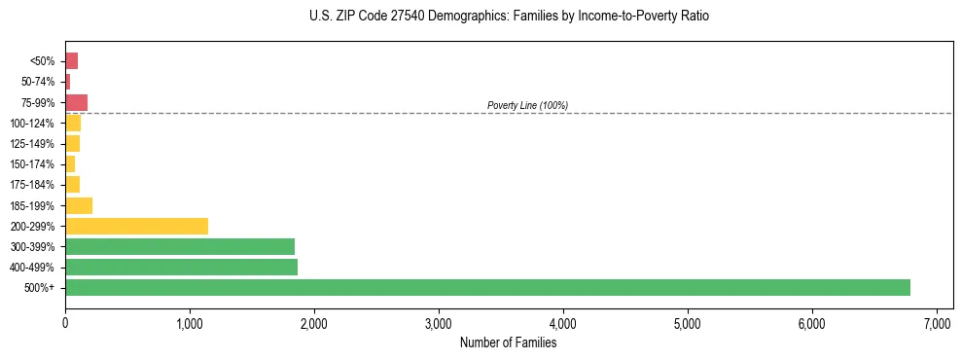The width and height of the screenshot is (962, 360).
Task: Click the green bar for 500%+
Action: pos(486,287)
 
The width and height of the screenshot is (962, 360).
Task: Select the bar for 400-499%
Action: pos(181,267)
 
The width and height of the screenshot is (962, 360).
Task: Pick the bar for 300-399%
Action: pos(179,246)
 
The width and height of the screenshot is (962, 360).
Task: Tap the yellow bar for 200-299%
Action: pos(136,226)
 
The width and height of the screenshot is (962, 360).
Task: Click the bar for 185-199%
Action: pos(79,205)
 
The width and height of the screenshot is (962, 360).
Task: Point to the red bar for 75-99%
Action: pos(76,102)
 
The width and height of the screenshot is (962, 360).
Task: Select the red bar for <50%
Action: pos(71,61)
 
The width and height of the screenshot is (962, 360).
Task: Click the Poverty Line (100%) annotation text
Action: pos(527,105)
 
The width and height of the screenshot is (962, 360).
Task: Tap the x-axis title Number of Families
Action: pos(508,342)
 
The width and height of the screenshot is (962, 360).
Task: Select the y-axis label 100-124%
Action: pos(32,124)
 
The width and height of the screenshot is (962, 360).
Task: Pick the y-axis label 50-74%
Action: pos(38,82)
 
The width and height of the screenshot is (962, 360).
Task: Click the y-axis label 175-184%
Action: pos(32,185)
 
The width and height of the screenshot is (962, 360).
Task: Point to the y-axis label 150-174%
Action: pos(32,164)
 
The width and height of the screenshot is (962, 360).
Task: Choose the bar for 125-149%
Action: pos(72,144)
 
